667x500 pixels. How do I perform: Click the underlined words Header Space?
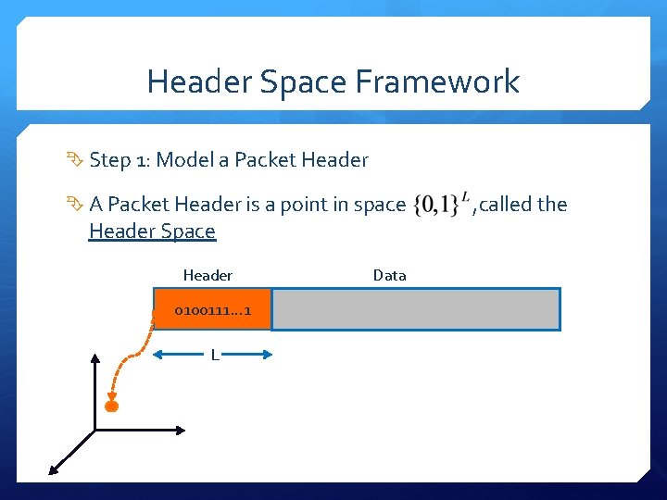[x=152, y=231]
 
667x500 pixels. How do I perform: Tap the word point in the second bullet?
[x=297, y=205]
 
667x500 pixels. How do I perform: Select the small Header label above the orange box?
[x=208, y=275]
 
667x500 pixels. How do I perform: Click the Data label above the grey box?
[x=389, y=275]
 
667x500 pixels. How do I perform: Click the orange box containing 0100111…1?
[x=212, y=309]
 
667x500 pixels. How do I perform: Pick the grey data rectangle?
[x=415, y=309]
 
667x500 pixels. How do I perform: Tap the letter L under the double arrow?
[x=214, y=356]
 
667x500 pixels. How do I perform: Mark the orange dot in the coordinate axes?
[x=112, y=406]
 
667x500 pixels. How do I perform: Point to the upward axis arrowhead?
[x=94, y=356]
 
